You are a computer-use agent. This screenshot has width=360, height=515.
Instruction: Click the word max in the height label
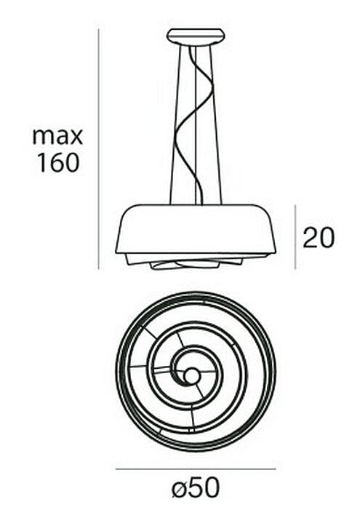coord(57,136)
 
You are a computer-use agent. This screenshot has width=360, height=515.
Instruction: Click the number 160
coord(58,163)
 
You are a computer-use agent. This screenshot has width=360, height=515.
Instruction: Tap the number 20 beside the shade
coord(319,237)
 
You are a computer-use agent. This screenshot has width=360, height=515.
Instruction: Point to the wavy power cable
coord(193,125)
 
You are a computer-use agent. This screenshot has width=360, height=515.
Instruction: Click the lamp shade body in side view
coord(196,229)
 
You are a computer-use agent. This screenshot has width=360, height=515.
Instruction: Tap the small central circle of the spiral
coord(191,375)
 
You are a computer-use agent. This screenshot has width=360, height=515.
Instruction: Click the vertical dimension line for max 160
coord(98,149)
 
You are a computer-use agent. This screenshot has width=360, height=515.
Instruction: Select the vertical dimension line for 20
coord(295,237)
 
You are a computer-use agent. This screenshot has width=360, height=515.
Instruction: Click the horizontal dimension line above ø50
coord(196,469)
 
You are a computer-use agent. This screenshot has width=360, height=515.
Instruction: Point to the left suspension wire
coord(175,125)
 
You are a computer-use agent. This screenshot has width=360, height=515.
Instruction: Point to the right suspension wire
coord(216,125)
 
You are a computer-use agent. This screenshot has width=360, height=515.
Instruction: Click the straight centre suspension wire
coord(196,125)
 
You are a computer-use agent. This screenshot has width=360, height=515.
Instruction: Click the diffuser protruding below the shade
coord(196,261)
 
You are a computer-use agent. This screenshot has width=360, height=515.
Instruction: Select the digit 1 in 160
coord(41,163)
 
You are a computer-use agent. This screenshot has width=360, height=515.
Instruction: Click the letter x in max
coord(76,137)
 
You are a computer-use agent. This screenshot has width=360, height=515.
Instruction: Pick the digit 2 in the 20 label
coord(310,237)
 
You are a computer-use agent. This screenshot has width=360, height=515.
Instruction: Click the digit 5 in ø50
coord(196,487)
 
